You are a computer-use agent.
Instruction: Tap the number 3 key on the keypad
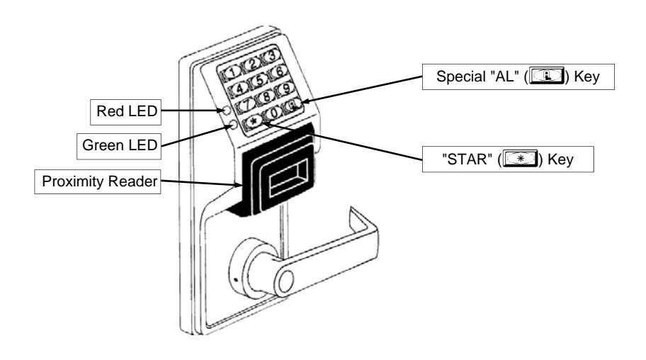click(271, 55)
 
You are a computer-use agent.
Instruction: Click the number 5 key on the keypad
click(259, 79)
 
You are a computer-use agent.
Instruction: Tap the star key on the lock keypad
click(254, 121)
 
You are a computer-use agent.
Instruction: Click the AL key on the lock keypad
click(293, 105)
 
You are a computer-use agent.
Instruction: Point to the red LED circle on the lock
click(227, 110)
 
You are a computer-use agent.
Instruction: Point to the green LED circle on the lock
click(233, 124)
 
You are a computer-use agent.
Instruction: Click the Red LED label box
click(125, 112)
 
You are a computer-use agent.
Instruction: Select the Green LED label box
click(119, 146)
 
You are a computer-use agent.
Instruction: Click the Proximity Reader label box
click(98, 181)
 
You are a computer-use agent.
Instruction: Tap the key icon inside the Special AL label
click(547, 76)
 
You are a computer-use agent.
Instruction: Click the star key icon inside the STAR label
click(521, 159)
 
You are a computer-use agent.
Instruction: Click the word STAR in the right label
click(467, 159)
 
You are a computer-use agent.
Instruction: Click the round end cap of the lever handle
click(285, 283)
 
